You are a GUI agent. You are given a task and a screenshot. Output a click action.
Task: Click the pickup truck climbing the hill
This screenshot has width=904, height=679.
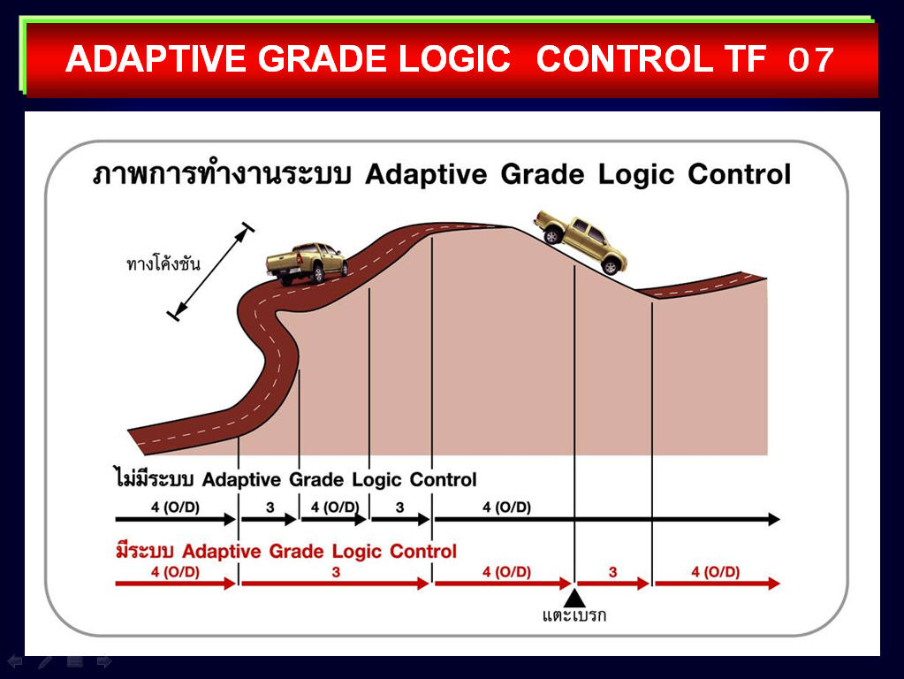[306, 263]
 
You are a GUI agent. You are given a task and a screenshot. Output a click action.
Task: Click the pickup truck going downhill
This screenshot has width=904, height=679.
[580, 241]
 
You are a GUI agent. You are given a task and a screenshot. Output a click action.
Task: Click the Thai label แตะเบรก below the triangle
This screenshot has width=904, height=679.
[574, 615]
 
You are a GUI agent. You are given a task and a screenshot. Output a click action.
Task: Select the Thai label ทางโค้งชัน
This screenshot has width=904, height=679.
[163, 263]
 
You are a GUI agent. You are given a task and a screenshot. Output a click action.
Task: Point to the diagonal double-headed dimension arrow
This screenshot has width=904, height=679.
[210, 271]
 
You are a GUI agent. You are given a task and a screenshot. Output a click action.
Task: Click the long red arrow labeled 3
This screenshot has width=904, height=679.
[335, 584]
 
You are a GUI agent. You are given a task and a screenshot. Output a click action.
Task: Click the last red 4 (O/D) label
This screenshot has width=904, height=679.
[716, 572]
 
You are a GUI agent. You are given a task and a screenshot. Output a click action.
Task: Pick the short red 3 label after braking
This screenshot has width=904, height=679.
[613, 572]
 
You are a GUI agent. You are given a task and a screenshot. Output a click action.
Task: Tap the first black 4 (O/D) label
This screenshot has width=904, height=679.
[175, 507]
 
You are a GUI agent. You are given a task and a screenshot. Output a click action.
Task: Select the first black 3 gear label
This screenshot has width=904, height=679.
[270, 507]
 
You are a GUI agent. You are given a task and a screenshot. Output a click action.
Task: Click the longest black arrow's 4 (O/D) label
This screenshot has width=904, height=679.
[506, 507]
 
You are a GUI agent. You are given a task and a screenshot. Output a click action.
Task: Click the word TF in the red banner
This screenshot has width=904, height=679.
[746, 59]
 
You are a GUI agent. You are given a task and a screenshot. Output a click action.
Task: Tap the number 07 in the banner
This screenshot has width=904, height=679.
[810, 59]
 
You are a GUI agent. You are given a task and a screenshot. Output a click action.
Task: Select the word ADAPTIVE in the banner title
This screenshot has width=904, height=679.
[156, 59]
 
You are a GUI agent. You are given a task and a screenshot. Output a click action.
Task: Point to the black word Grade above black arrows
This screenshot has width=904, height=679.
[314, 479]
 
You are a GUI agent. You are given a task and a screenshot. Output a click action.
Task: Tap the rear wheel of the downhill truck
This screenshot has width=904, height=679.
[553, 235]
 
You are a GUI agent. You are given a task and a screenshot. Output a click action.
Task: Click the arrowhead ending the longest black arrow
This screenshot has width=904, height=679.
[773, 519]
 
